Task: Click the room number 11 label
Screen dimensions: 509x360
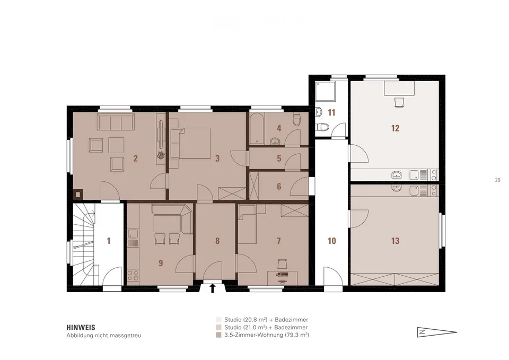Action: [331, 112]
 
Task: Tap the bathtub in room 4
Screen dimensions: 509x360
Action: [257, 128]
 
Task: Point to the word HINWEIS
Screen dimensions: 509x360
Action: [81, 328]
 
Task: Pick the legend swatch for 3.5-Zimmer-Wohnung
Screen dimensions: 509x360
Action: [218, 335]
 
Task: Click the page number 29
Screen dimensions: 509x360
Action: [498, 180]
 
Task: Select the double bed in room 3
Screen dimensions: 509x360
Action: [194, 143]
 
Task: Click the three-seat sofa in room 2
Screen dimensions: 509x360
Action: [116, 122]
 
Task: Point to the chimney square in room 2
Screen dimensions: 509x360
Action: [78, 194]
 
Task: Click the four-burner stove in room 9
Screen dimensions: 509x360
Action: [133, 276]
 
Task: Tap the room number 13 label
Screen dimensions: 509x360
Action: [395, 241]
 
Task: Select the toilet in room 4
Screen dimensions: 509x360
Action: [296, 120]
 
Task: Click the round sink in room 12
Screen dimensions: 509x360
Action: [397, 175]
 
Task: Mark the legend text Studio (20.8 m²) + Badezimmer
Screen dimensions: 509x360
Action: [266, 320]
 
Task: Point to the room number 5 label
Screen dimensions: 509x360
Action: [279, 159]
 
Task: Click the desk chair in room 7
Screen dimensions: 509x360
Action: [282, 264]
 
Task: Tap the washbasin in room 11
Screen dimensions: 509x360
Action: [319, 112]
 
